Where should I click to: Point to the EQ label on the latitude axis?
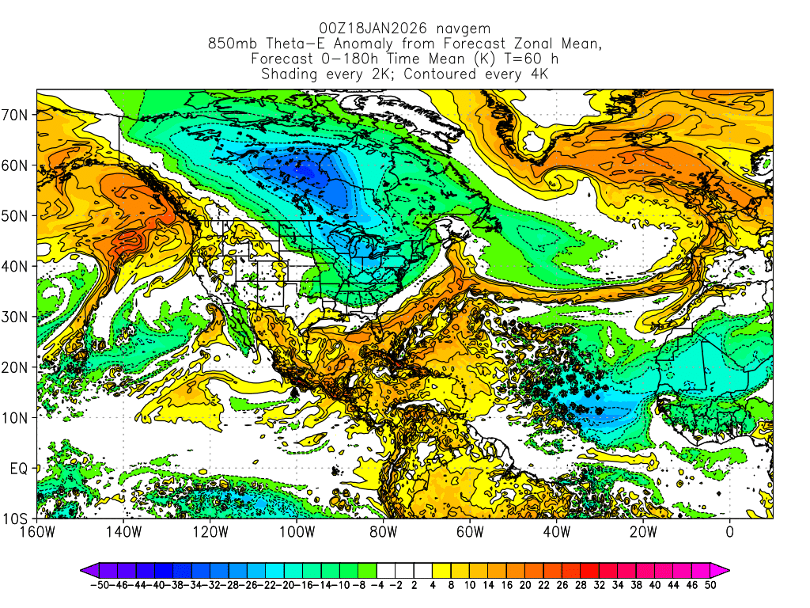pyautogui.click(x=19, y=469)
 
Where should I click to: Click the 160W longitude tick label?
pyautogui.click(x=37, y=532)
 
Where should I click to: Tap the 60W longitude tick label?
pyautogui.click(x=470, y=532)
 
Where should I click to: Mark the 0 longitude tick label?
pyautogui.click(x=730, y=532)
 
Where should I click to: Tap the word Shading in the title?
pyautogui.click(x=290, y=74)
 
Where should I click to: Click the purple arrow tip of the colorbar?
pyautogui.click(x=85, y=569)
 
